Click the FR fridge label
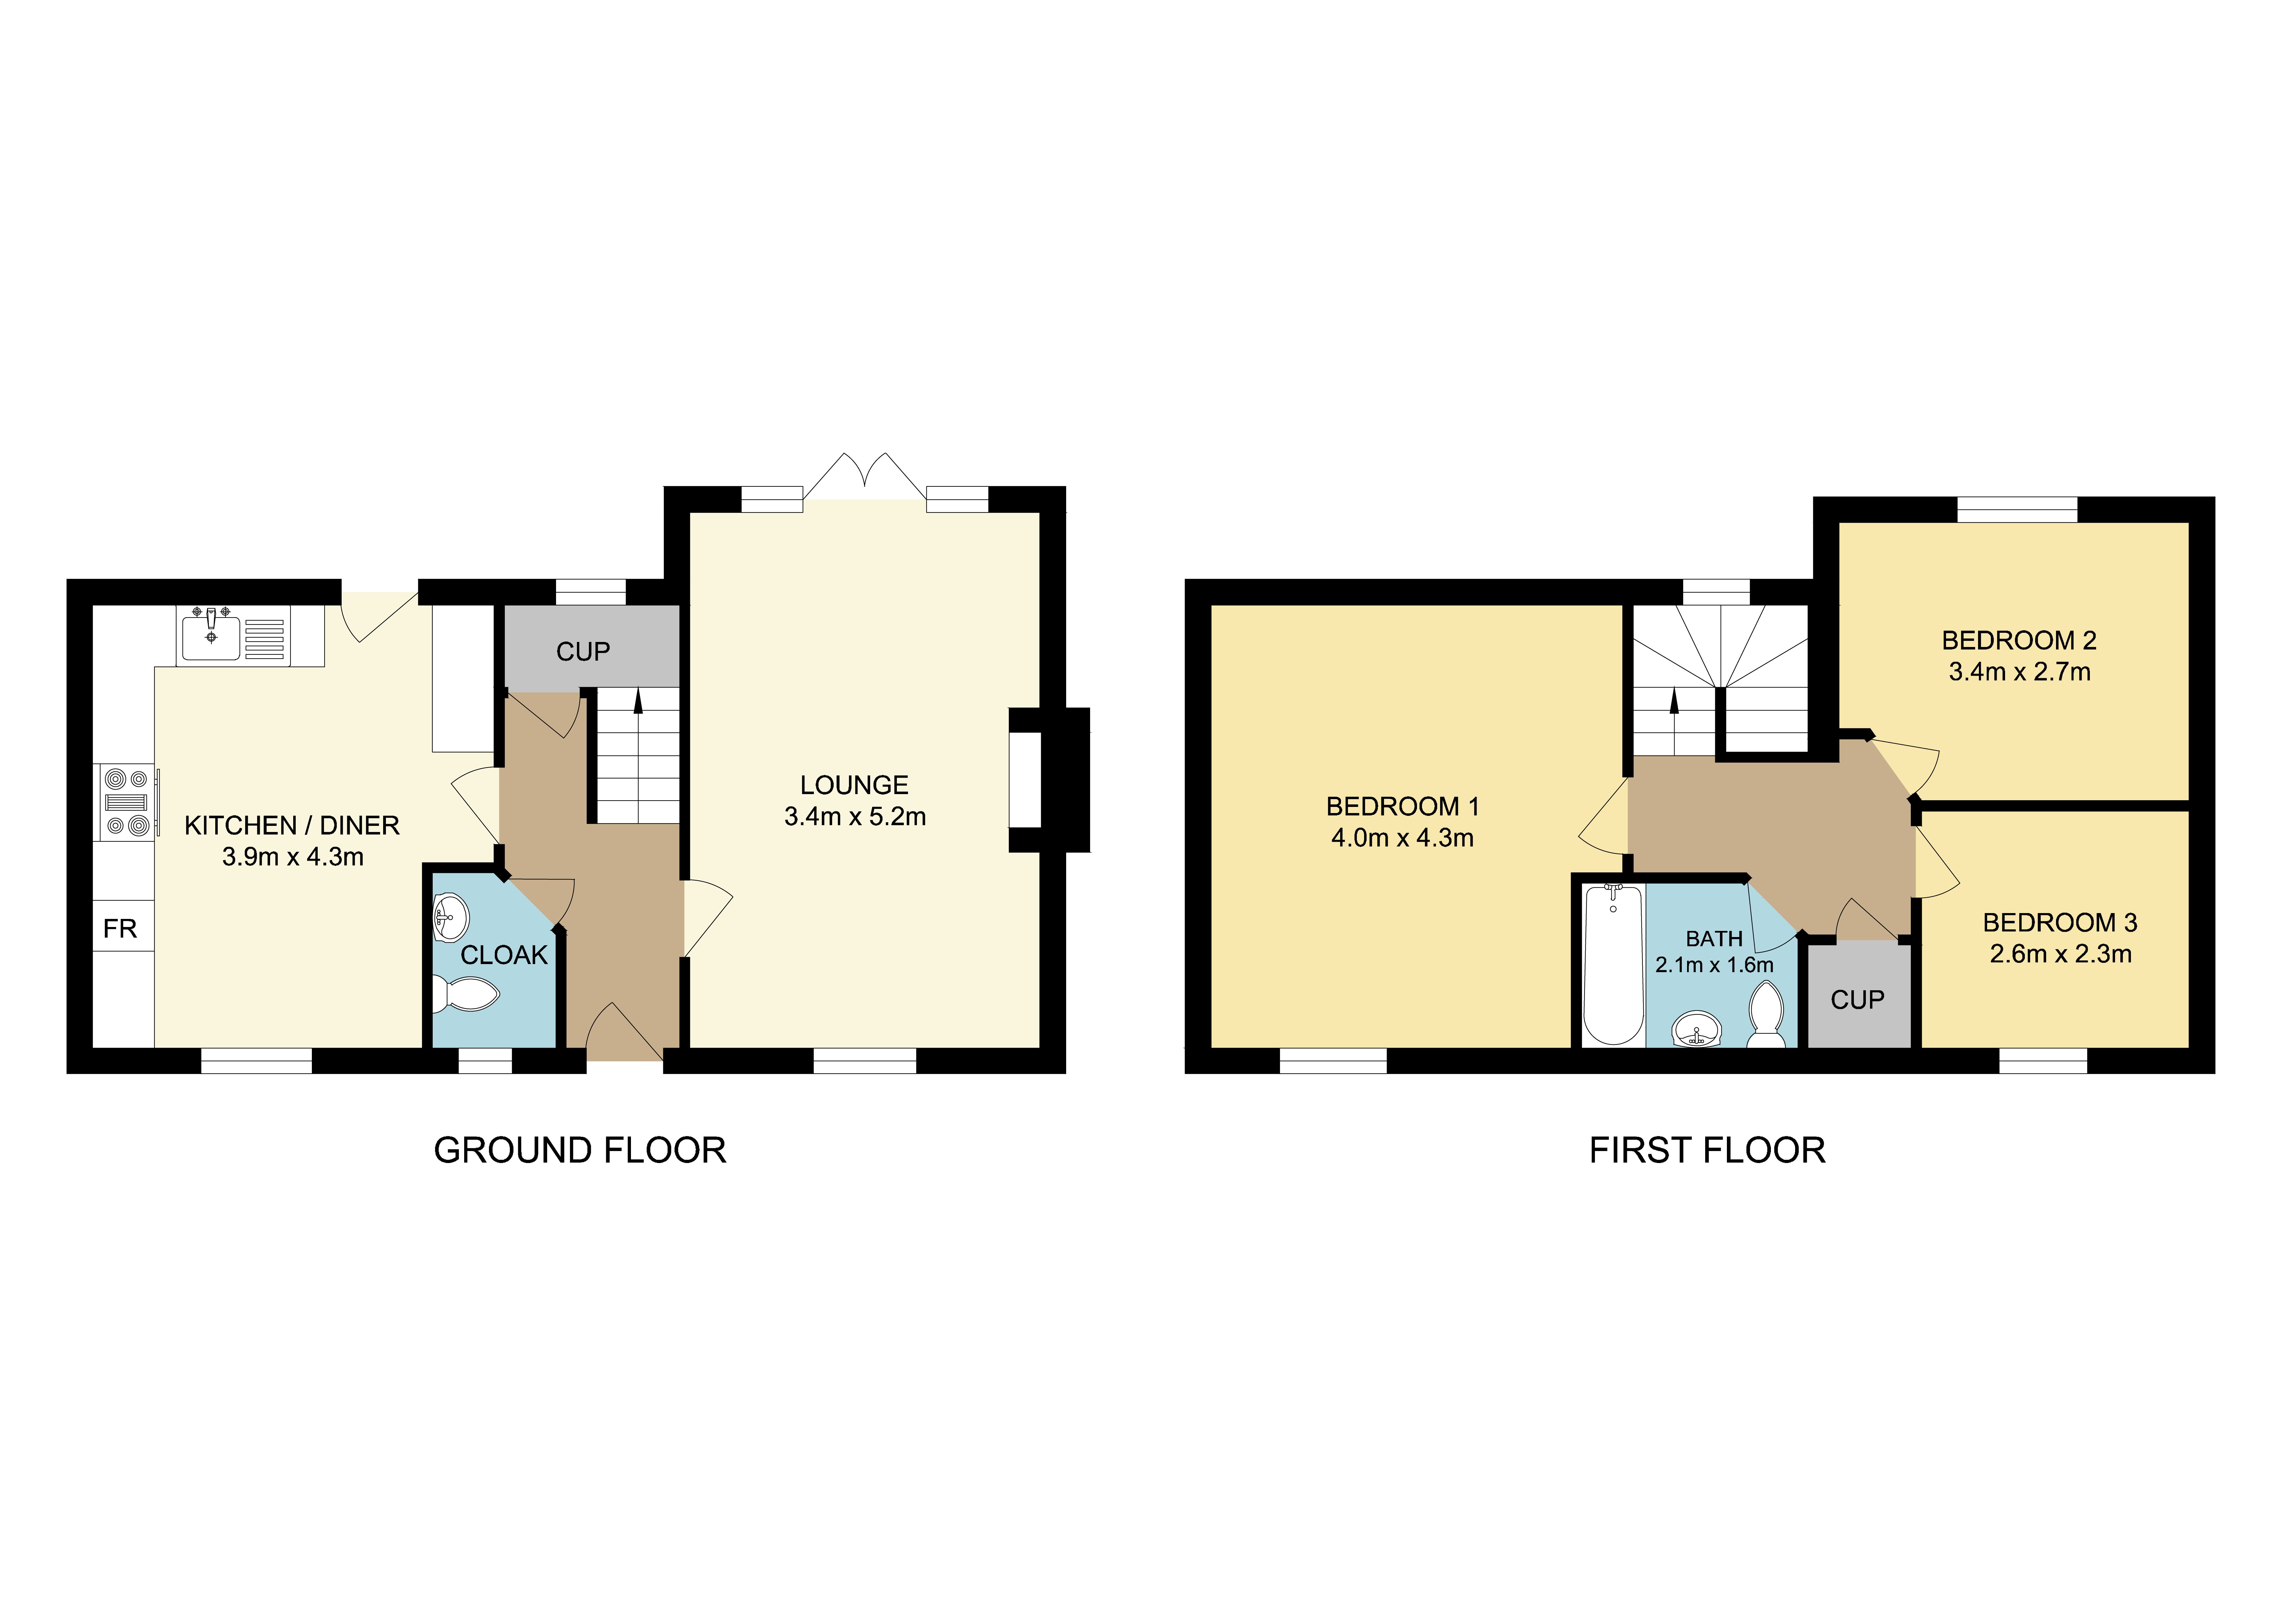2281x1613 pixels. [120, 928]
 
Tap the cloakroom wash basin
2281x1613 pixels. [451, 916]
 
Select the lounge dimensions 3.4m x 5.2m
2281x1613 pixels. [854, 817]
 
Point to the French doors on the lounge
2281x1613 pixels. [864, 477]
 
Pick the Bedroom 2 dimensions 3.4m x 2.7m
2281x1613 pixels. [2020, 672]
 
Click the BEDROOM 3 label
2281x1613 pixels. [2059, 922]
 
